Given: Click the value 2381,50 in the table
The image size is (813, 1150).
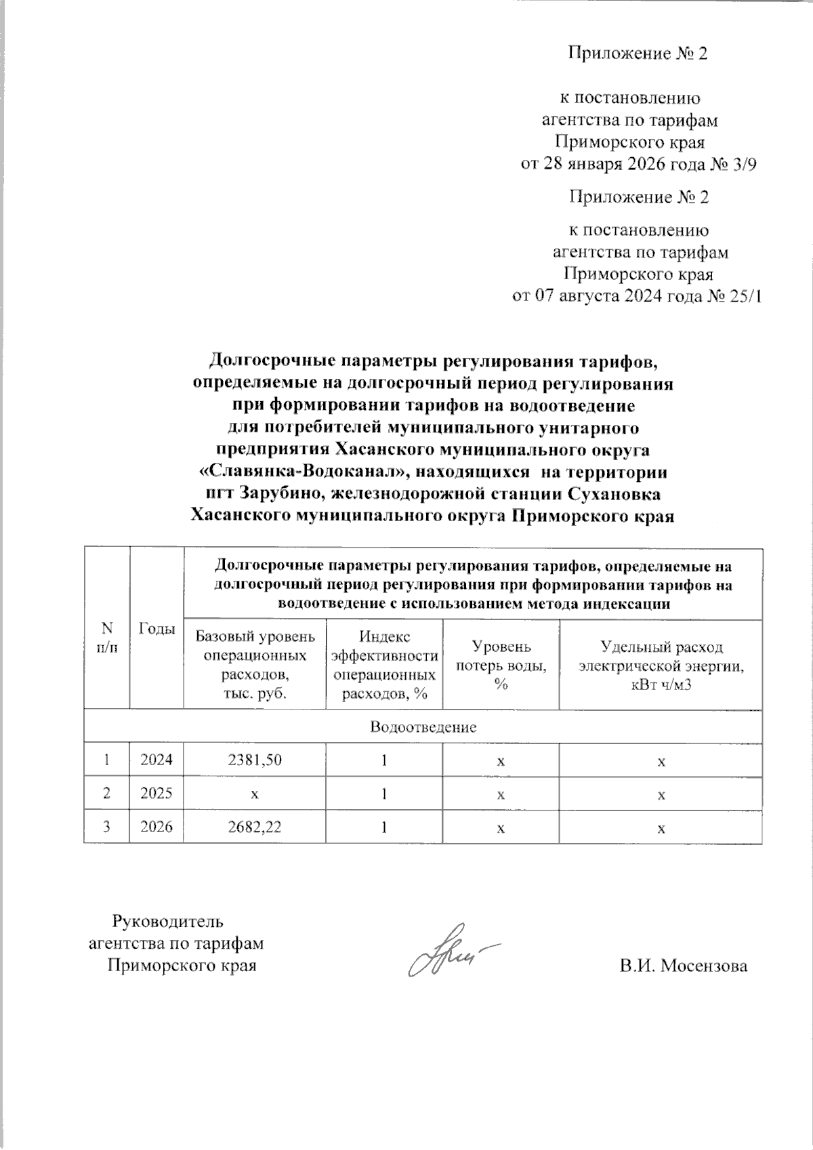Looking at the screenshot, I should [x=254, y=760].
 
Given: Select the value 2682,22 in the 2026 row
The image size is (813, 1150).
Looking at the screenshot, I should [x=254, y=827].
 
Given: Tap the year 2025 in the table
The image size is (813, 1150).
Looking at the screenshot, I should [x=156, y=794].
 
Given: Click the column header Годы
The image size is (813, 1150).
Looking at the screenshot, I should [x=156, y=629].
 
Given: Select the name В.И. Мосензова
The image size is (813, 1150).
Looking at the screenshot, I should [x=683, y=966].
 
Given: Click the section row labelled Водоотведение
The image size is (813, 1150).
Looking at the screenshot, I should [x=423, y=727].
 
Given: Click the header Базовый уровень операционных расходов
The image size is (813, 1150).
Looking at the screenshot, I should [x=254, y=665].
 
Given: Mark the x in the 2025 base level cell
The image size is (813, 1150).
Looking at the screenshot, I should [x=254, y=794].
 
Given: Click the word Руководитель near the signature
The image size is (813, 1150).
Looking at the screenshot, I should [x=167, y=922].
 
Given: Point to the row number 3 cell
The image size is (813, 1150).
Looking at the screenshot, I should [x=106, y=827].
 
